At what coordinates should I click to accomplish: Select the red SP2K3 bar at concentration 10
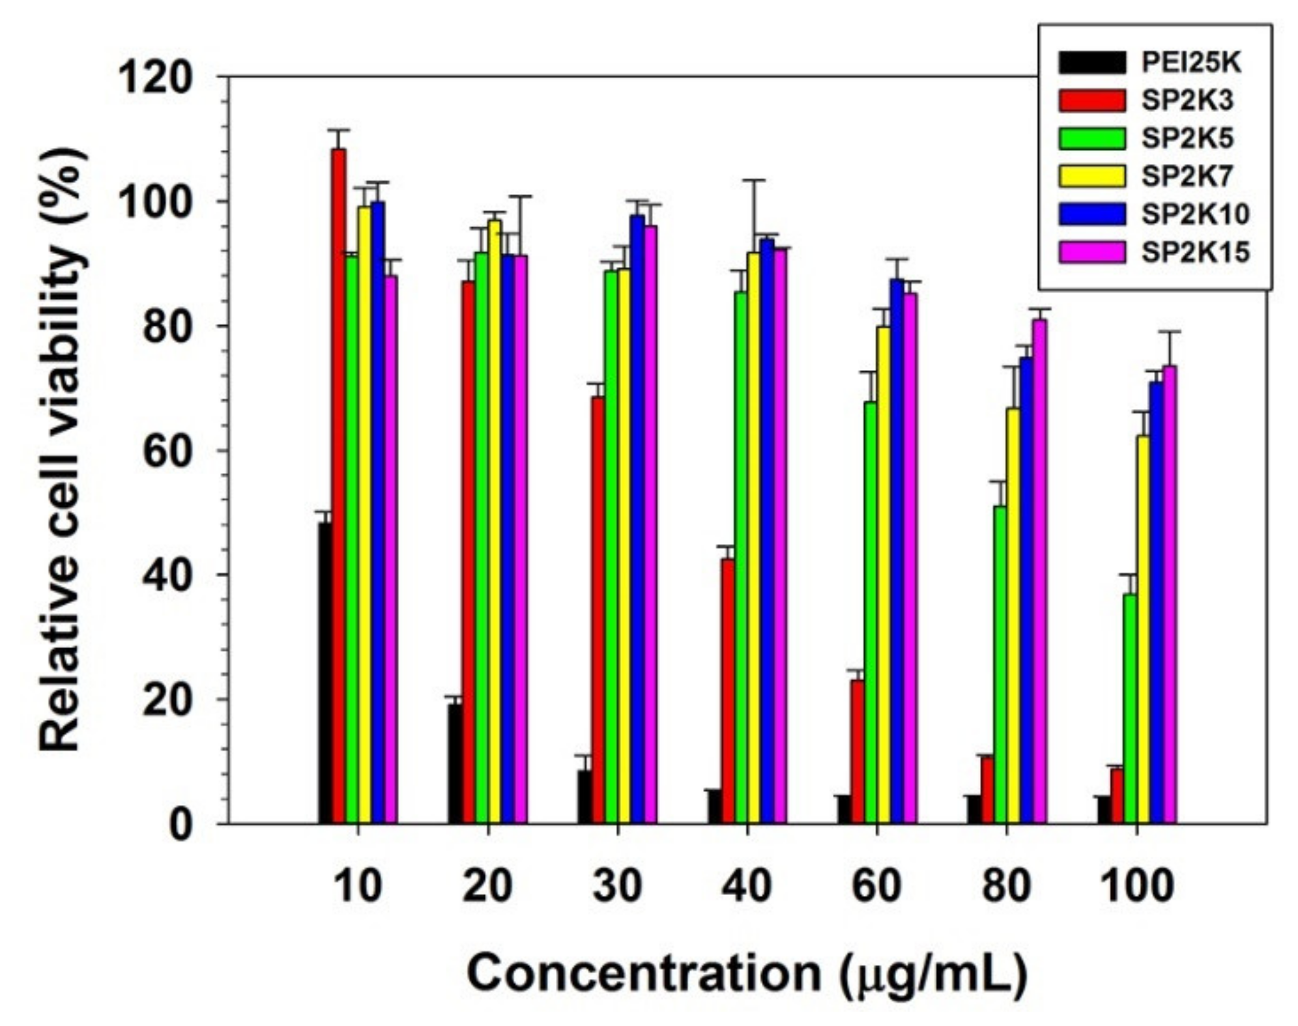tap(338, 485)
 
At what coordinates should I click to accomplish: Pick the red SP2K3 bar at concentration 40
tap(727, 691)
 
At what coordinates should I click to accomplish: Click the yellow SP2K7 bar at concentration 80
tap(1013, 616)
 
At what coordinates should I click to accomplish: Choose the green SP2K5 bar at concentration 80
tap(1000, 664)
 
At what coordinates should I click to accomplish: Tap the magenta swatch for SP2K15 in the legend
tap(1091, 251)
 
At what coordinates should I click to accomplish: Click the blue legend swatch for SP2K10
tap(1091, 214)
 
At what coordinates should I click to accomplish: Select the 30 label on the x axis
tap(616, 886)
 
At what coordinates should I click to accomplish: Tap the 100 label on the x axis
tap(1136, 886)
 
